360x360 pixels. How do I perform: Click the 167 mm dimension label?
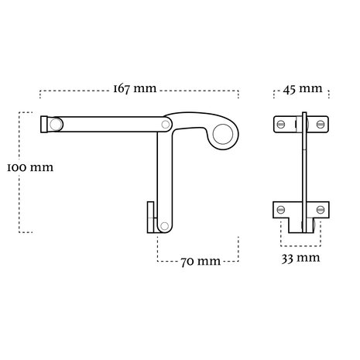coord(135,89)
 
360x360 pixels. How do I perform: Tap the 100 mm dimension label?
coord(30,167)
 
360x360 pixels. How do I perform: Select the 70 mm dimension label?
coord(201,262)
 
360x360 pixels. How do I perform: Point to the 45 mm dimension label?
coord(303,89)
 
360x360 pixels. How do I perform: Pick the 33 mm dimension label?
coord(300,258)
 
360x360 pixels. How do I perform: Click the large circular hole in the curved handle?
coord(222,134)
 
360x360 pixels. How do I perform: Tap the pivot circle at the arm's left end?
coord(56,125)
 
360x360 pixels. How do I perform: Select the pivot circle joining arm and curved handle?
coord(166,125)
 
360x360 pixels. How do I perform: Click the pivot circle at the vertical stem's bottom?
coord(164,226)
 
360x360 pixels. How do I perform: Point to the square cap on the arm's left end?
coord(44,125)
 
